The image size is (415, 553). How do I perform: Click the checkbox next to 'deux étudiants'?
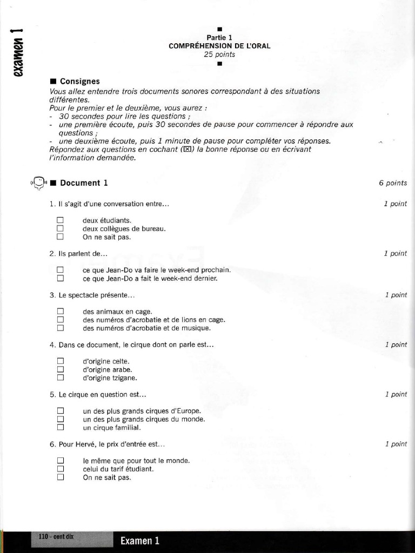pyautogui.click(x=60, y=220)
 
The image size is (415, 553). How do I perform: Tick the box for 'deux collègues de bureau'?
pyautogui.click(x=60, y=228)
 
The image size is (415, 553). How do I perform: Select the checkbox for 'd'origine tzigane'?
pyautogui.click(x=60, y=377)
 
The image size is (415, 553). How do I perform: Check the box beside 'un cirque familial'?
pyautogui.click(x=60, y=427)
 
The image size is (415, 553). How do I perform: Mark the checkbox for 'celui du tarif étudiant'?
pyautogui.click(x=60, y=469)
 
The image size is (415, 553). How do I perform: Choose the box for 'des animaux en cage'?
pyautogui.click(x=60, y=311)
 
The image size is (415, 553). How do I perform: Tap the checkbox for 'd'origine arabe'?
pyautogui.click(x=60, y=369)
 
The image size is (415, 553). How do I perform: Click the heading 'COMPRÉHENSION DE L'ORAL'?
pyautogui.click(x=219, y=46)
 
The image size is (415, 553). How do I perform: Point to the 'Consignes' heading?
pyautogui.click(x=79, y=81)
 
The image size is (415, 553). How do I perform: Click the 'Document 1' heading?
pyautogui.click(x=84, y=183)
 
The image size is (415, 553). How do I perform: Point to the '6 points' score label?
pyautogui.click(x=393, y=183)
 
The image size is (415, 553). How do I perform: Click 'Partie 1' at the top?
pyautogui.click(x=219, y=38)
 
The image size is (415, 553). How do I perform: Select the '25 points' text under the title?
pyautogui.click(x=219, y=55)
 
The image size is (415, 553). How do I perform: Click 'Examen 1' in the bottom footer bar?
pyautogui.click(x=140, y=541)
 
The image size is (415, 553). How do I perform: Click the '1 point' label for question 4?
pyautogui.click(x=396, y=345)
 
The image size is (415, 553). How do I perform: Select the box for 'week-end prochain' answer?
pyautogui.click(x=60, y=269)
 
